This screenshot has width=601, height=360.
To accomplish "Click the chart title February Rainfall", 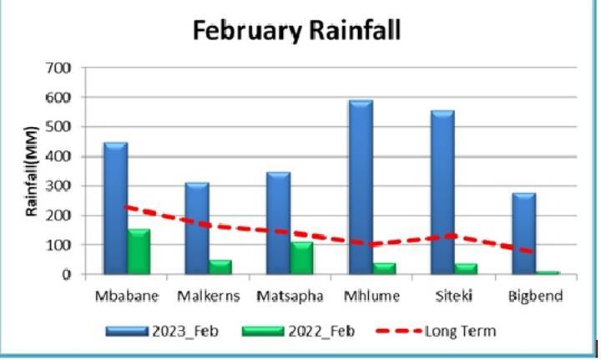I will [297, 30].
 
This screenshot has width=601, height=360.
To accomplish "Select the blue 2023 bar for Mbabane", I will [115, 209].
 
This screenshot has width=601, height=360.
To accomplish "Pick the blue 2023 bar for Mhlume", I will [361, 188].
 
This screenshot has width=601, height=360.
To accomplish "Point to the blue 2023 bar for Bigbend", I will [523, 235].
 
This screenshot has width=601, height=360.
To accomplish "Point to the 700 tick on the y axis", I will [63, 68].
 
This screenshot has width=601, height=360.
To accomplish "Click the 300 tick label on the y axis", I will [63, 186].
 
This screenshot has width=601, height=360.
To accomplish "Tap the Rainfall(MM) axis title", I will [33, 172].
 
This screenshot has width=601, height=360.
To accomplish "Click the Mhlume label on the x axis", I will [371, 296].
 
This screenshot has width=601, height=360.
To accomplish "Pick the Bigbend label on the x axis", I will [535, 296].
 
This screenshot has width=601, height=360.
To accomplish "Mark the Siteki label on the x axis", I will [454, 296].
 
